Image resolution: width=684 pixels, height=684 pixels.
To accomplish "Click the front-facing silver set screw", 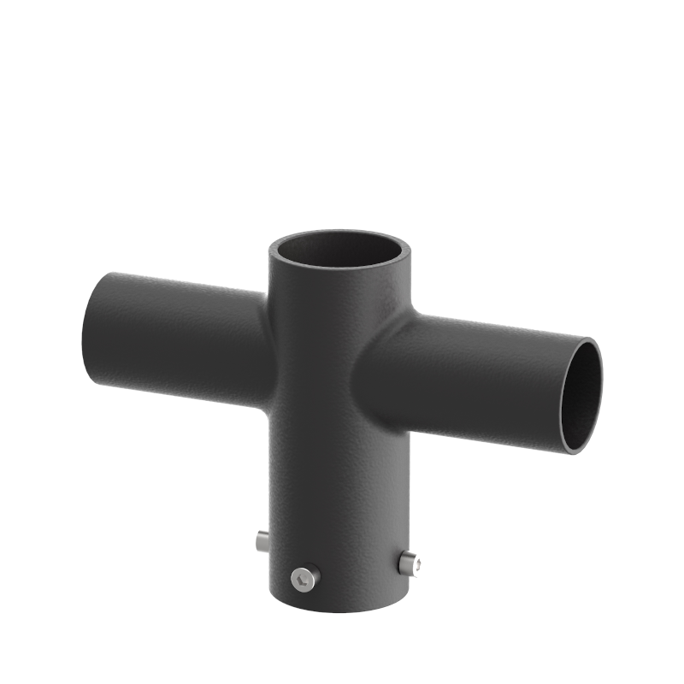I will [303, 579].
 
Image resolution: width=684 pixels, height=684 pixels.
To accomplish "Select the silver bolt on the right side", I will [409, 562].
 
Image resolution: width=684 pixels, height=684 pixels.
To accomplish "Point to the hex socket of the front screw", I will [303, 580].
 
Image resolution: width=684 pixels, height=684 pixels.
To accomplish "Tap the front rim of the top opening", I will [342, 272].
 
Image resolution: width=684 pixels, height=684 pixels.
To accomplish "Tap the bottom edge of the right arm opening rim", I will [575, 451].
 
